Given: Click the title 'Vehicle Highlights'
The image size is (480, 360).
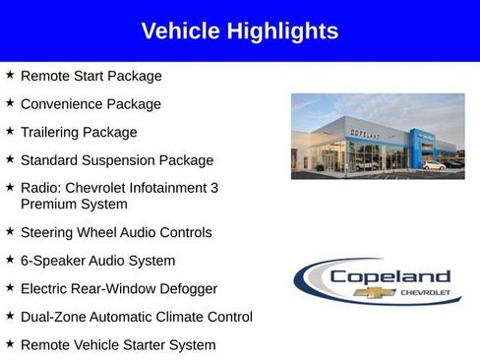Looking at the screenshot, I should point(239,30).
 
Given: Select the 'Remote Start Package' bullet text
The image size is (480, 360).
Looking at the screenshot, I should point(90,76).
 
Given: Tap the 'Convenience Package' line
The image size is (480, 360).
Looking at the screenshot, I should point(90,103).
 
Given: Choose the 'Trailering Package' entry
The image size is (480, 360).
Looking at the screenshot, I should point(79,132).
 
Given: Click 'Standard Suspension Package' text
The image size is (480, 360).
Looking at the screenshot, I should point(116,159).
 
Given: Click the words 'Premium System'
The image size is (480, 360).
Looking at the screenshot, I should point(74,204).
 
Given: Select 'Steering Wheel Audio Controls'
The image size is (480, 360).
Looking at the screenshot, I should point(116,232).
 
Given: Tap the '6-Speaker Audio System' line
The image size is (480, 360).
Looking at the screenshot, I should point(97,261).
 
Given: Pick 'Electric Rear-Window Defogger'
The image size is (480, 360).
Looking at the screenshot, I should point(118,288).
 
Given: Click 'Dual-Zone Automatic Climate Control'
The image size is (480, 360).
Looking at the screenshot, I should point(136,317).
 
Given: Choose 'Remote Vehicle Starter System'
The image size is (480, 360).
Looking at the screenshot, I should point(117,344).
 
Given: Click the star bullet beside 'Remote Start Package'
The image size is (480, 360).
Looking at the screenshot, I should point(10,75).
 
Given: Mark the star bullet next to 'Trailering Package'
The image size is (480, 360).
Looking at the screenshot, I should point(10,131).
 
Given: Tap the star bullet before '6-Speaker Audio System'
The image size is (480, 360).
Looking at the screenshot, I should point(10,260).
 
